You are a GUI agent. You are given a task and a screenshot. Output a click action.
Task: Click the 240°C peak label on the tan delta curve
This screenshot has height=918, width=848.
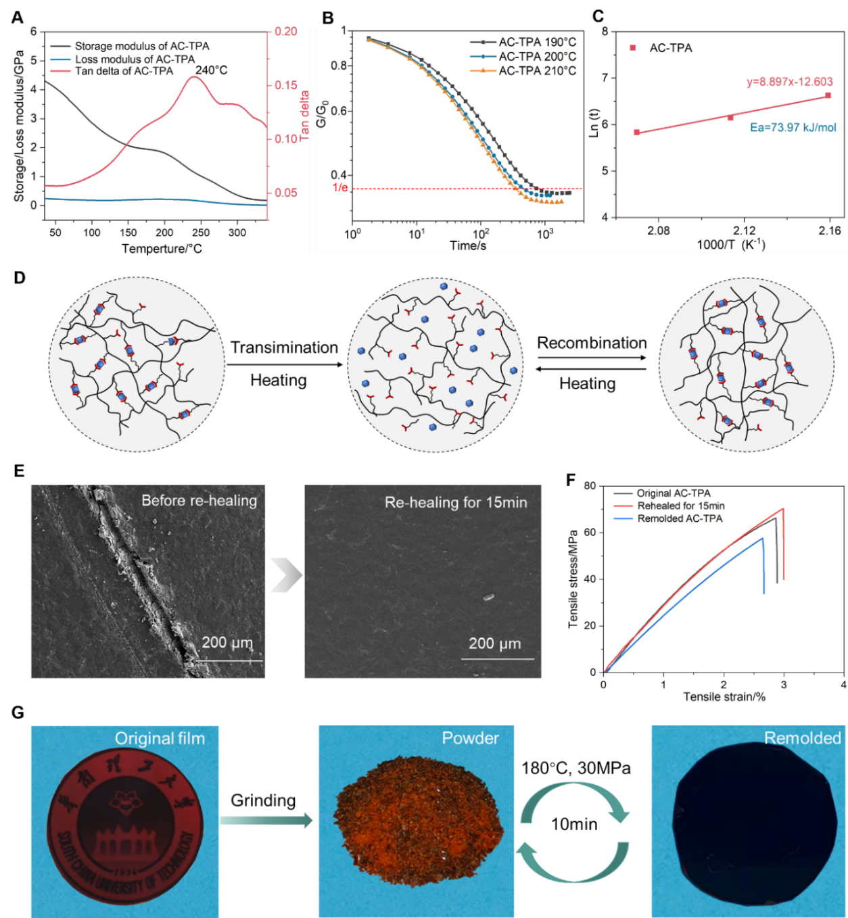point(211,70)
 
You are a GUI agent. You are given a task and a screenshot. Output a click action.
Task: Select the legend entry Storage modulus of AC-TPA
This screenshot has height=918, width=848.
point(141,46)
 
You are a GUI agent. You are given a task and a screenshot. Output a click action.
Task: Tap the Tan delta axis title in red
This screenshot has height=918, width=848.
point(304,115)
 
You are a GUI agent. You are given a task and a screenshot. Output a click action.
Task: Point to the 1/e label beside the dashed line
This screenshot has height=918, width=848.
point(340,187)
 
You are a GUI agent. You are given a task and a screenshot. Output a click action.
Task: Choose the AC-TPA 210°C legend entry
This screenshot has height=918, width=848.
point(537,70)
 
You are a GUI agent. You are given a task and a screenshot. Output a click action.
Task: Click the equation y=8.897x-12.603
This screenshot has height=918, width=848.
point(789,82)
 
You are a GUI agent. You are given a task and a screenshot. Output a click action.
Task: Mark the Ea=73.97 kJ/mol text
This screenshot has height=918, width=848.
point(793,127)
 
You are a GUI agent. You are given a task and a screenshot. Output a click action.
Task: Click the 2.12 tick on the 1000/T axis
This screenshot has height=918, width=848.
point(744,231)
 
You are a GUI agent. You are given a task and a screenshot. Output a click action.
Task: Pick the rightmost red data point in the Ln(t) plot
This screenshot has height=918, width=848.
point(828,95)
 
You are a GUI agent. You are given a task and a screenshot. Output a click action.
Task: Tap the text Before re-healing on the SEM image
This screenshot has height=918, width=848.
point(199,501)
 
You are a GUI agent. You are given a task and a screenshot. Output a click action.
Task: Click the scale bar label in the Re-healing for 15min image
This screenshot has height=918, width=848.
point(495,644)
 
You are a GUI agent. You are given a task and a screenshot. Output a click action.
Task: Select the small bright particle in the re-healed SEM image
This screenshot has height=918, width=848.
point(488,597)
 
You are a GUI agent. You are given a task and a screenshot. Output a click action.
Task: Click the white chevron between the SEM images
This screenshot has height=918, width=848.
point(285,575)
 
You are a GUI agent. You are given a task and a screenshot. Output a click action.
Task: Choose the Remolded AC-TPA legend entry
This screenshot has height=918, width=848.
point(679,518)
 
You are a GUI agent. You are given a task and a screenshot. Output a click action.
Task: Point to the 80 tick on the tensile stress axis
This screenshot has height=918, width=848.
point(590,486)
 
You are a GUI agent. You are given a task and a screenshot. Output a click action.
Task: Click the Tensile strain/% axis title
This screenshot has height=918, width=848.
point(724,697)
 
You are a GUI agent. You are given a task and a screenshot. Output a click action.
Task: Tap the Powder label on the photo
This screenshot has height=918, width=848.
point(470,738)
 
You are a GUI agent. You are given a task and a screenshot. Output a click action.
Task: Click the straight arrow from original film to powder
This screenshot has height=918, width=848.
point(266,820)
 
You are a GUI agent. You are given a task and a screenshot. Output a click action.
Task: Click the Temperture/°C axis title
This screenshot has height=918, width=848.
point(162,249)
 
